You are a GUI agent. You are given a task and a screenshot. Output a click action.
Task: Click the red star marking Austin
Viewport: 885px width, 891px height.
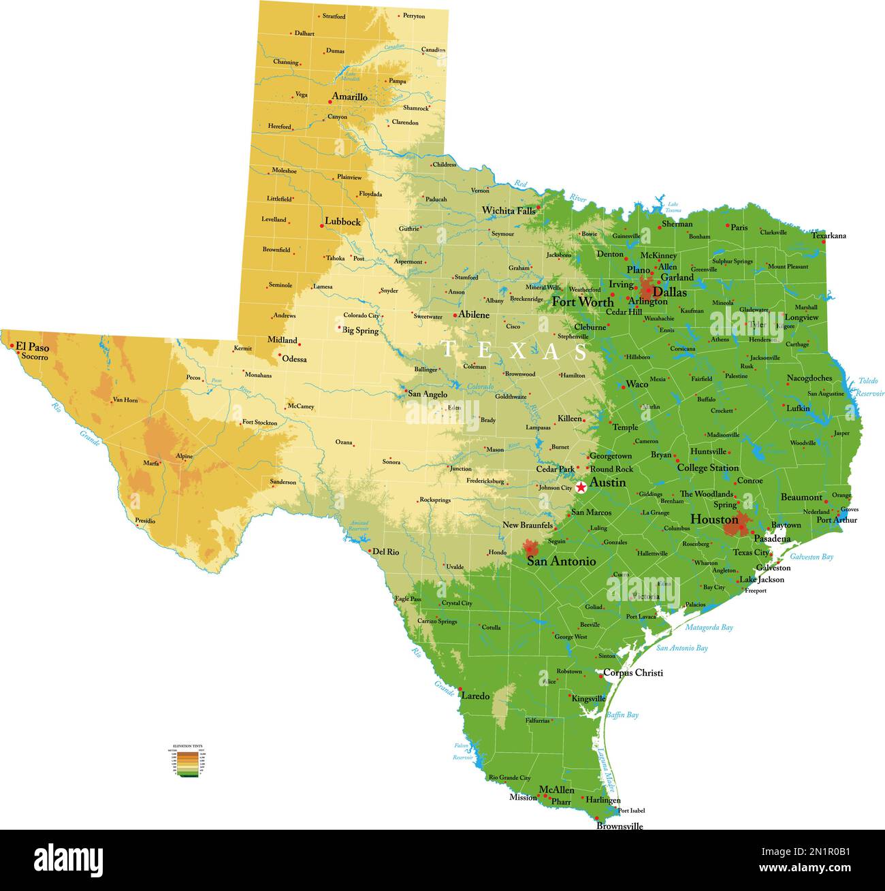pos(581,487)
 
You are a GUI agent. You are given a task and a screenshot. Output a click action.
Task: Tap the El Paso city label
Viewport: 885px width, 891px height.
pos(33,347)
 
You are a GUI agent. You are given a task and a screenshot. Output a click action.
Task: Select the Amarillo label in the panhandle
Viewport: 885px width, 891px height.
pos(349,97)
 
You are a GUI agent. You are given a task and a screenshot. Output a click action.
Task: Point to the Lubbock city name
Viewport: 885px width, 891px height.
pos(342,221)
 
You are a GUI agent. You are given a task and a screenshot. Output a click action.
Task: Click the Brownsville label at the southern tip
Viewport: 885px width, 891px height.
pos(619,826)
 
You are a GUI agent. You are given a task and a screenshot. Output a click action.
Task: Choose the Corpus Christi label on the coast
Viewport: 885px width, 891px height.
pos(632,673)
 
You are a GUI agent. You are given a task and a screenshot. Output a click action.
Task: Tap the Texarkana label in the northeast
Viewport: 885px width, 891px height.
pos(828,236)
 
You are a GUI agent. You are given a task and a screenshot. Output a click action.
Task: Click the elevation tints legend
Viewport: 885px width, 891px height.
pos(189,761)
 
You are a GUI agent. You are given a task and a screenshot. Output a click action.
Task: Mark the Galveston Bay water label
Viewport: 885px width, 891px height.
pos(811,557)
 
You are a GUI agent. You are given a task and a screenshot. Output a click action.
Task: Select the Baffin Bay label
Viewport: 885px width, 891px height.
pos(622,715)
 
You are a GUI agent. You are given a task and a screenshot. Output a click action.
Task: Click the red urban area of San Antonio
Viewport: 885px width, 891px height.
pos(531,547)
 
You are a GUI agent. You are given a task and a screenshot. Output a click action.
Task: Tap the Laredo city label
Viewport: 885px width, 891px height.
pos(475,696)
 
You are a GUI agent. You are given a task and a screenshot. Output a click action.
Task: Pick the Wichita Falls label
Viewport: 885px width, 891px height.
pos(509,210)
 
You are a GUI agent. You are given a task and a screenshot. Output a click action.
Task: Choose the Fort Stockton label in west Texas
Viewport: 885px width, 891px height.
pos(259,423)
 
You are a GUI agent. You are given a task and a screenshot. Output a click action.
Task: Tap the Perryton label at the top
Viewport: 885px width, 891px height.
pos(413,15)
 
